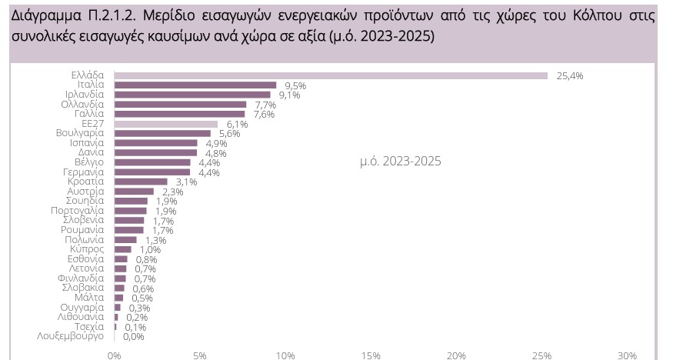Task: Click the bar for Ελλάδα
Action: pyautogui.click(x=331, y=75)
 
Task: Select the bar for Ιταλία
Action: pyautogui.click(x=195, y=85)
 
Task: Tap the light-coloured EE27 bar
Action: pyautogui.click(x=166, y=124)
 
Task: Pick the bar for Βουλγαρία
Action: pyautogui.click(x=162, y=133)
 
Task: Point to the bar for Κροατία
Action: pyautogui.click(x=141, y=182)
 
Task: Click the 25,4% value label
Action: pyautogui.click(x=570, y=75)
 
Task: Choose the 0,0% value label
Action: pyautogui.click(x=133, y=336)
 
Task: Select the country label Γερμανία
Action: pyautogui.click(x=83, y=172)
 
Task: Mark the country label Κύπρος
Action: pyautogui.click(x=87, y=249)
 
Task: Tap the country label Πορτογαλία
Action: pyautogui.click(x=78, y=211)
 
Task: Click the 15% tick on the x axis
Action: pyautogui.click(x=371, y=355)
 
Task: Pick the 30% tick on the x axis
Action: pyautogui.click(x=627, y=355)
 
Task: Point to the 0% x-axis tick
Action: pyautogui.click(x=115, y=355)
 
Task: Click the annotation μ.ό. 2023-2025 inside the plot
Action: pyautogui.click(x=400, y=162)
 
